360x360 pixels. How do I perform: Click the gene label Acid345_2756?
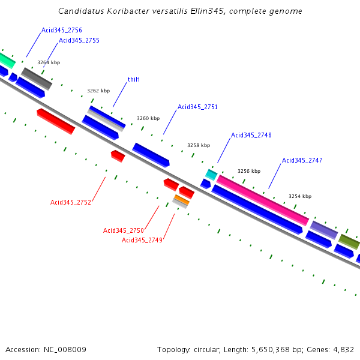[x=62, y=30]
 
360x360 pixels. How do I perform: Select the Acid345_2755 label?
[x=79, y=40]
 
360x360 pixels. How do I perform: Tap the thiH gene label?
[x=134, y=79]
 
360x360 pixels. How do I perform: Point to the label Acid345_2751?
[x=197, y=107]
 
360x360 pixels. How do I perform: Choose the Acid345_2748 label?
[x=251, y=135]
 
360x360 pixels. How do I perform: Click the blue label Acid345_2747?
[x=302, y=160]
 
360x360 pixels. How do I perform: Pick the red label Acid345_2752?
[x=71, y=202]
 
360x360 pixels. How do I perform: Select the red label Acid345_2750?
[x=124, y=230]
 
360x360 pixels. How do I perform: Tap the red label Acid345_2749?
[x=142, y=240]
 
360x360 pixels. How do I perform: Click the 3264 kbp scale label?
[x=49, y=62]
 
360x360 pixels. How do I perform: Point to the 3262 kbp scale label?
[x=98, y=91]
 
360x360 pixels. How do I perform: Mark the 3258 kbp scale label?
[x=199, y=145]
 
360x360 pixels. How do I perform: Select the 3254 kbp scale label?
[x=300, y=196]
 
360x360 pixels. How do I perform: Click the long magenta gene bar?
[x=262, y=200]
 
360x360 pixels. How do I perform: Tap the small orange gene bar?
[x=181, y=199]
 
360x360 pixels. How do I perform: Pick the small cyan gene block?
[x=211, y=175]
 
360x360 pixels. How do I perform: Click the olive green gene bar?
[x=349, y=241]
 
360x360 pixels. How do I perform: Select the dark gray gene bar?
[x=37, y=78]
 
